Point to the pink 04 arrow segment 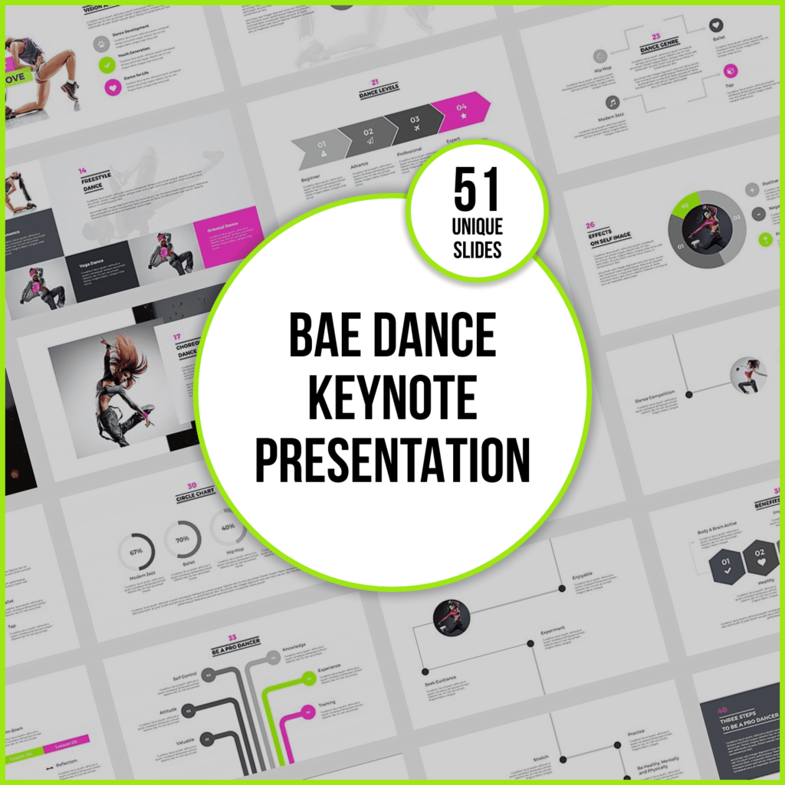coord(460,111)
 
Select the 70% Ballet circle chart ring coord(182,538)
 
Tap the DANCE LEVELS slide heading coord(379,92)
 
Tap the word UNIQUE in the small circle coord(476,228)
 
